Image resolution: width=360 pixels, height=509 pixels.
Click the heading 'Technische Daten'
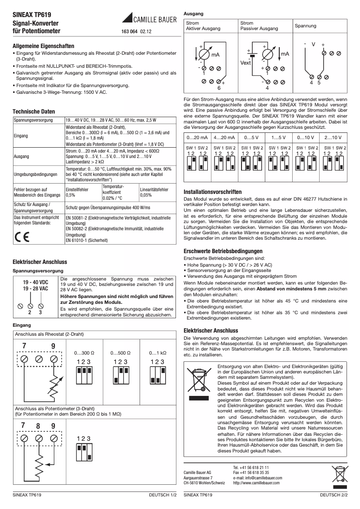pyautogui.click(x=34, y=112)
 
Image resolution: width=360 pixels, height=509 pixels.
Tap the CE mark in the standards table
pyautogui.click(x=21, y=237)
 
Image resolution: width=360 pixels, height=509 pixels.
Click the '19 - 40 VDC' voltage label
pyautogui.click(x=36, y=282)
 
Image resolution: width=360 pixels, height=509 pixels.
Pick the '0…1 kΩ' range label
pyautogui.click(x=158, y=353)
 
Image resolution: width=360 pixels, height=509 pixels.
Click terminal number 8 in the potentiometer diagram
pyautogui.click(x=39, y=426)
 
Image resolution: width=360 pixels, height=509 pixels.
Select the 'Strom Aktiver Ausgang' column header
pyautogui.click(x=203, y=26)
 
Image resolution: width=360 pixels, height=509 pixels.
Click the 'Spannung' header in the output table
pyautogui.click(x=305, y=26)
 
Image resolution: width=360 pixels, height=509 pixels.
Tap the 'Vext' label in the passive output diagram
pyautogui.click(x=246, y=63)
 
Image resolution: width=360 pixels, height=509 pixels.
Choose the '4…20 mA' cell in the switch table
pyautogui.click(x=223, y=137)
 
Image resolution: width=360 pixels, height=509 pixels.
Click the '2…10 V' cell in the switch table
pyautogui.click(x=333, y=137)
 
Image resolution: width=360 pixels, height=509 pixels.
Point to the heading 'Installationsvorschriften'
pyautogui.click(x=213, y=192)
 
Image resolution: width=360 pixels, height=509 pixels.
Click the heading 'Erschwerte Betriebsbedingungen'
pyautogui.click(x=223, y=251)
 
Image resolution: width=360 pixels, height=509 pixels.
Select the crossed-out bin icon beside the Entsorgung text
pyautogui.click(x=199, y=383)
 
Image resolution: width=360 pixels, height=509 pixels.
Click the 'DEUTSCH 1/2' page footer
pyautogui.click(x=163, y=495)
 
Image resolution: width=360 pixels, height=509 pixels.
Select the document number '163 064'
pyautogui.click(x=129, y=32)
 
